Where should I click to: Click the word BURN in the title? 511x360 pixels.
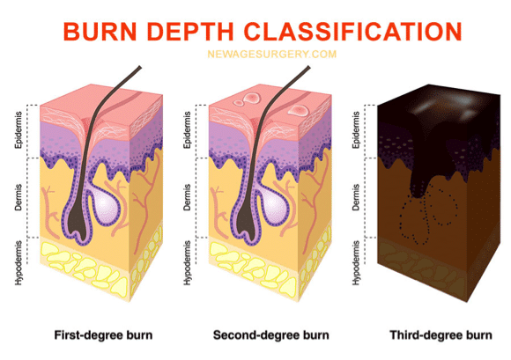[x=100, y=32]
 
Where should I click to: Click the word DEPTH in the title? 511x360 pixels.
[x=190, y=32]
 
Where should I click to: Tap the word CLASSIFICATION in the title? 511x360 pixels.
[x=353, y=32]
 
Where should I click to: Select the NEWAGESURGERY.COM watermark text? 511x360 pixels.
[x=271, y=54]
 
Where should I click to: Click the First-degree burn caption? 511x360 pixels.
[x=103, y=335]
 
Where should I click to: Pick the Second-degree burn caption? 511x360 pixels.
[x=271, y=335]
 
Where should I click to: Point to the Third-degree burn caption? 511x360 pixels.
[x=441, y=335]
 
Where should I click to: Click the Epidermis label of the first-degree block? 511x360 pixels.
[x=19, y=130]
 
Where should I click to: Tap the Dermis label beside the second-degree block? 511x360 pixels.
[x=187, y=197]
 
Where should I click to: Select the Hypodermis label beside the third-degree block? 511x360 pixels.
[x=356, y=263]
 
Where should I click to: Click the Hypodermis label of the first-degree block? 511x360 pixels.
[x=19, y=263]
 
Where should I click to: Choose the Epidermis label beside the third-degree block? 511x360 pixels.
[x=356, y=130]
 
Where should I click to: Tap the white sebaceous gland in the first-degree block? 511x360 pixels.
[x=105, y=204]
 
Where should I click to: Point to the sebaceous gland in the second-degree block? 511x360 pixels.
[x=274, y=204]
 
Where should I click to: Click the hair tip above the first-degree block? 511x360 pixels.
[x=140, y=68]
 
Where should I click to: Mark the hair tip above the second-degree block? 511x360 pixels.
[x=308, y=68]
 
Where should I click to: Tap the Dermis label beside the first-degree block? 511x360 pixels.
[x=19, y=197]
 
